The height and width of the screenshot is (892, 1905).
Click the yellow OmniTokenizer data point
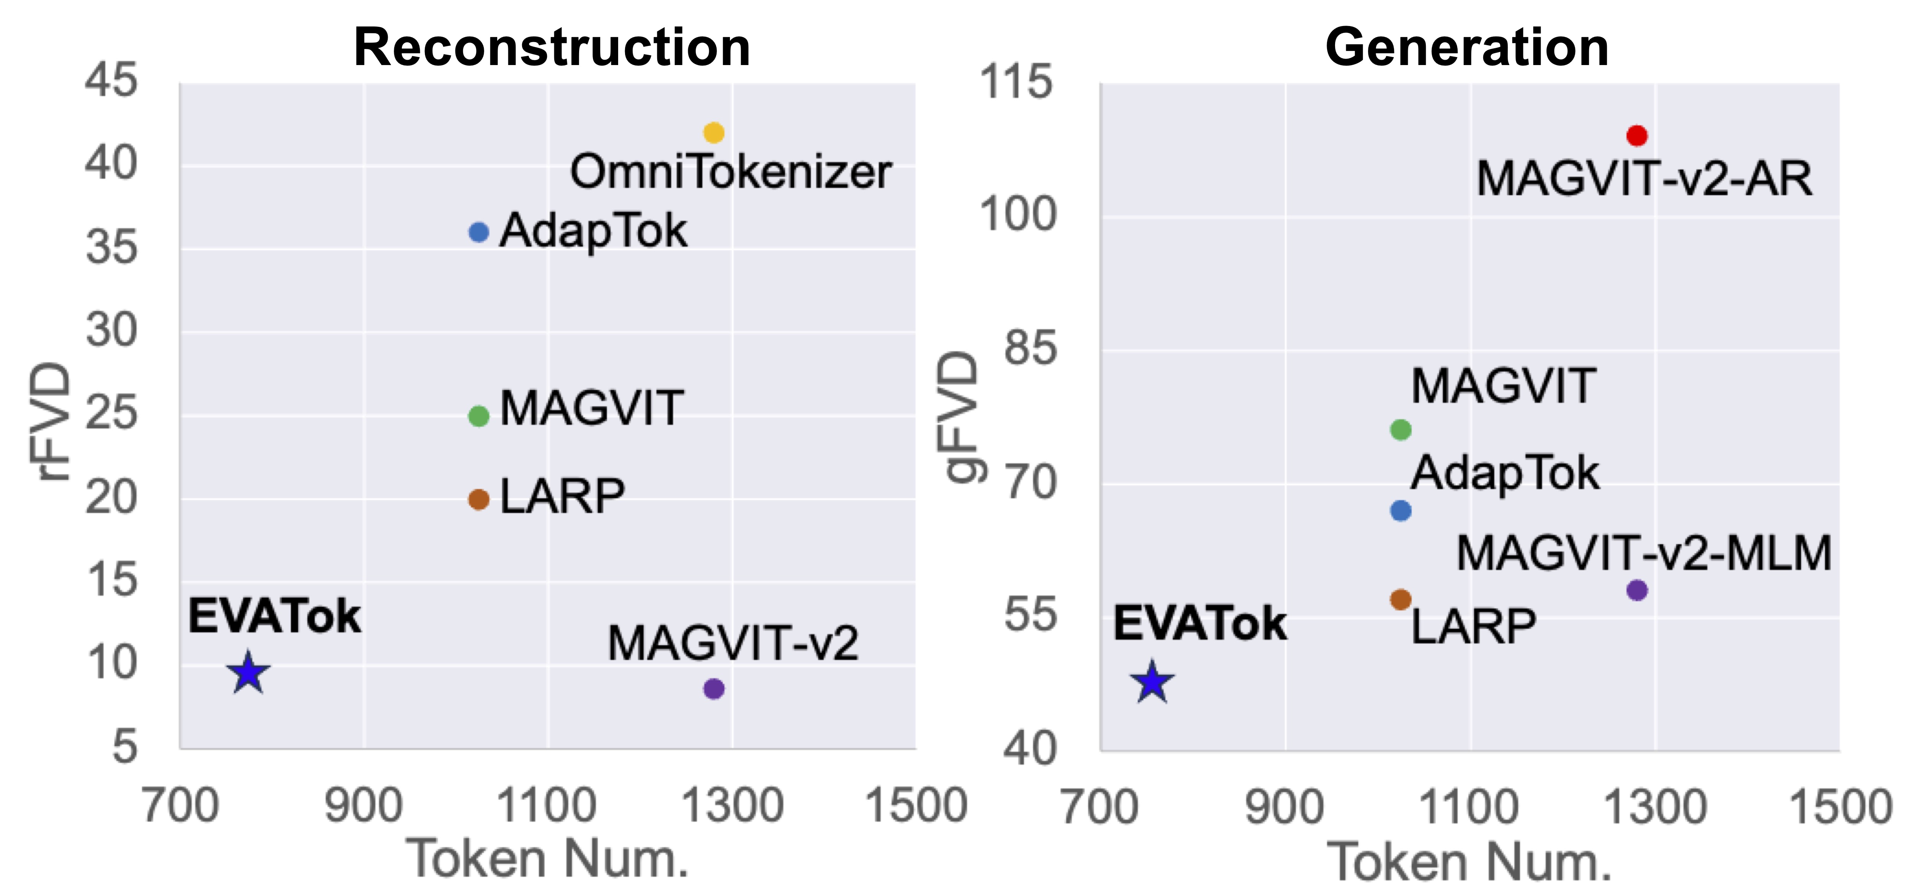click(713, 132)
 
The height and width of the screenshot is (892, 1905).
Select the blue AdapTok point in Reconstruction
click(478, 232)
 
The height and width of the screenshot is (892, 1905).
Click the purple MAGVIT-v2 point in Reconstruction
click(713, 688)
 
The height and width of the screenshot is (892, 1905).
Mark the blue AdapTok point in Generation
click(1401, 510)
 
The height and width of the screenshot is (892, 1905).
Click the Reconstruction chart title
click(552, 47)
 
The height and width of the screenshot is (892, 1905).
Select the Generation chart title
click(1466, 47)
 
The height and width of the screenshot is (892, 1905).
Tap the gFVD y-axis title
click(959, 418)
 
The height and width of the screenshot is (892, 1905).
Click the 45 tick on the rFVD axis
click(111, 80)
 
